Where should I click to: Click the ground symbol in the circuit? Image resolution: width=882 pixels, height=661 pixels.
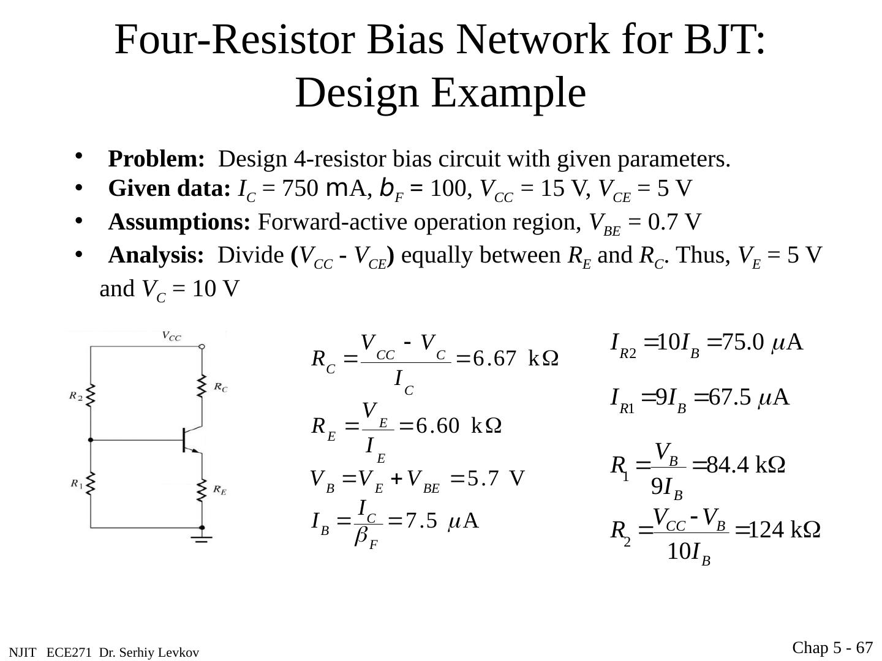click(x=202, y=539)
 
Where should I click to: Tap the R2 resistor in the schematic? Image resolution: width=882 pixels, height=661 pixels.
click(x=91, y=396)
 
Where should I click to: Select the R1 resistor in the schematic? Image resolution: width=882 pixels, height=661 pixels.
click(x=91, y=484)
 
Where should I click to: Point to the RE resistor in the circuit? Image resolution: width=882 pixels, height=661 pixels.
click(x=202, y=490)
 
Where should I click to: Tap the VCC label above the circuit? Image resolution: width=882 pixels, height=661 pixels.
click(x=171, y=335)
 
